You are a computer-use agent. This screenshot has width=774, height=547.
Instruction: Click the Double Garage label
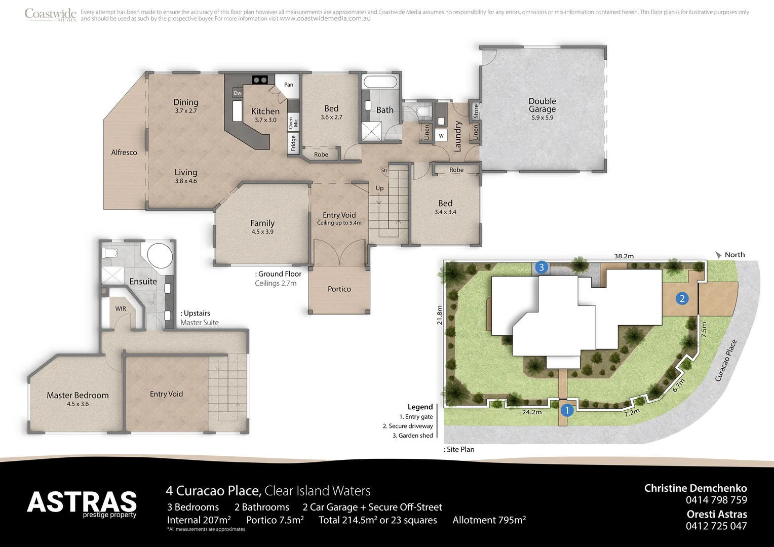542,105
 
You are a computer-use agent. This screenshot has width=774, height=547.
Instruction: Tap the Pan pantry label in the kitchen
289,85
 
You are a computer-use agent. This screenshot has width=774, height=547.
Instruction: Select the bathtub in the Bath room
380,82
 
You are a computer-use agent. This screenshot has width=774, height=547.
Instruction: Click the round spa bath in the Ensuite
160,256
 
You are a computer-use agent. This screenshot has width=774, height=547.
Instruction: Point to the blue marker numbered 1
567,410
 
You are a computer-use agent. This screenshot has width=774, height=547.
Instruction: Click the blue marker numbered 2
682,298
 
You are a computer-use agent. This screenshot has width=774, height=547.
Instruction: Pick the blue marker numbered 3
541,267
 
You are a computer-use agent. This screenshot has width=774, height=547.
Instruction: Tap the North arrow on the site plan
718,255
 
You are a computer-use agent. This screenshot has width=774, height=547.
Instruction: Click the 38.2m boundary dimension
624,256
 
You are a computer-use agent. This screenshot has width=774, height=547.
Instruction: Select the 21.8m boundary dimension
440,315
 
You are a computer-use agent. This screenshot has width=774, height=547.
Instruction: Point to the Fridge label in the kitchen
293,143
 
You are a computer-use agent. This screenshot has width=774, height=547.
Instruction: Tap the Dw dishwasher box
238,93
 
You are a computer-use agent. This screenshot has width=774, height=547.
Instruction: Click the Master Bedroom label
78,396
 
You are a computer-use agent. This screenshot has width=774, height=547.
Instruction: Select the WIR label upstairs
121,308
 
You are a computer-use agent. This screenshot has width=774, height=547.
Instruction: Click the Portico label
339,289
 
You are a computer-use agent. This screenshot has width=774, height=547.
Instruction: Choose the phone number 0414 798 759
716,500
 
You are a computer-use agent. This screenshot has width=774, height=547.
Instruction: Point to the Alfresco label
124,152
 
